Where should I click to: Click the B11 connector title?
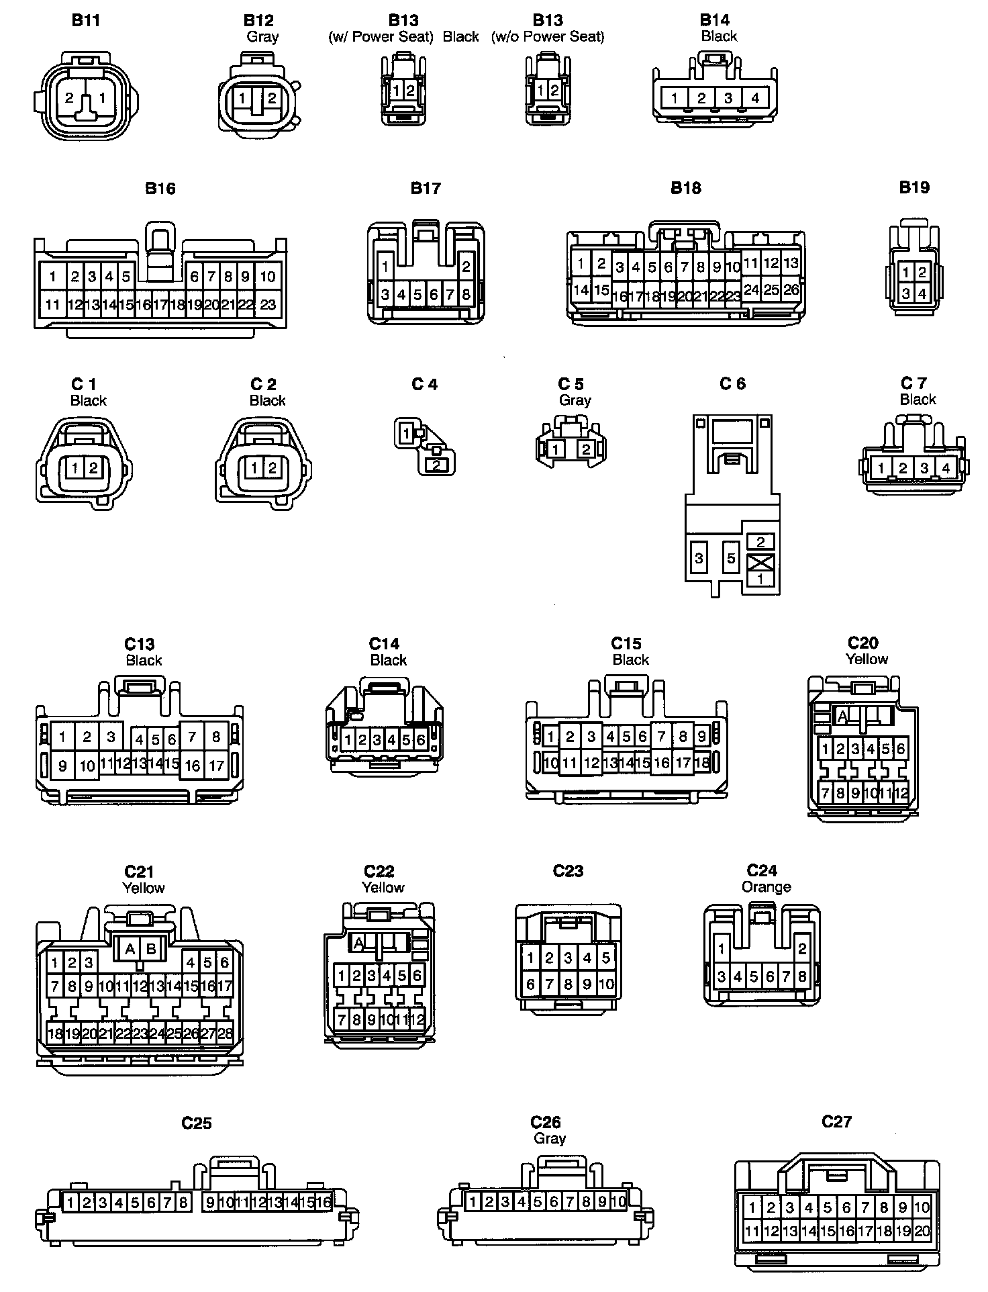coord(86,20)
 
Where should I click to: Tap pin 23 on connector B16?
coord(268,304)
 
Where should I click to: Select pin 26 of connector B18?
coord(791,289)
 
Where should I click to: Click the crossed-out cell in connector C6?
coord(760,561)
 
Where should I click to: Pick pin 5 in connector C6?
coord(731,558)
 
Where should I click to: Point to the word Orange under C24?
coord(766,887)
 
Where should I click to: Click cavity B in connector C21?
coord(151,949)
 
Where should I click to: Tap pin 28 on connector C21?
coord(225,1033)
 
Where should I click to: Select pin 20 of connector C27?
coord(922,1231)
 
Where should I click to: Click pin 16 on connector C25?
coord(324,1201)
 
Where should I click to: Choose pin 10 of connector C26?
coord(618,1201)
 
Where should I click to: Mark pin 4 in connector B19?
coord(922,293)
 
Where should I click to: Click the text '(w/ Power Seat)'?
coord(381,37)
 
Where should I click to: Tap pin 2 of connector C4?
coord(437,464)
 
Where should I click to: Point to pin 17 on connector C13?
coord(216,765)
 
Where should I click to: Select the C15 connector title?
coord(626,643)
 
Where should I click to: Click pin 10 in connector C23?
coord(606,984)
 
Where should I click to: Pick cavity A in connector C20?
coord(842,717)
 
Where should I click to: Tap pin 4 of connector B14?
coord(755,98)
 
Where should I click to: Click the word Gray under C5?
coord(575,400)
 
